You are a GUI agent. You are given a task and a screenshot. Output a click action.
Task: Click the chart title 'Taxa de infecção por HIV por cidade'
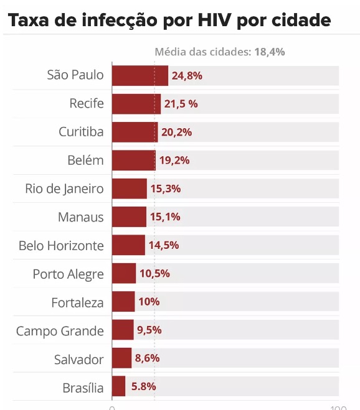(x=169, y=21)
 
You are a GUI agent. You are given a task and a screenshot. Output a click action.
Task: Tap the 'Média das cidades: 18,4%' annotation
(x=219, y=52)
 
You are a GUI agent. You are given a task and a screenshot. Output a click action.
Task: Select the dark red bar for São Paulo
(x=140, y=76)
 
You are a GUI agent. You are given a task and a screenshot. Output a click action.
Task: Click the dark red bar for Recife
(x=136, y=104)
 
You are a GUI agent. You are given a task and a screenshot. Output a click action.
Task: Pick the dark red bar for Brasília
(x=118, y=387)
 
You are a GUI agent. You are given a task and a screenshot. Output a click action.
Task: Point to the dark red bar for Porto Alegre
(x=124, y=274)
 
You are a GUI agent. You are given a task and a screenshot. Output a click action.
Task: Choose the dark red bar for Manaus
(x=129, y=217)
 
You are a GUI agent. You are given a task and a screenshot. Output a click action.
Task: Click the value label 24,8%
(x=187, y=76)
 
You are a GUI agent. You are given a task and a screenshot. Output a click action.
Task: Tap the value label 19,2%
(x=174, y=161)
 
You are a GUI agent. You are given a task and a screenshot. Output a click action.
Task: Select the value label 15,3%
(x=166, y=189)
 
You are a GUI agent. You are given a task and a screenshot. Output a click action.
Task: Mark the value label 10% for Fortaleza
(x=149, y=302)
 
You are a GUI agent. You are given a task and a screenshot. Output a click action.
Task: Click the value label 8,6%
(x=148, y=358)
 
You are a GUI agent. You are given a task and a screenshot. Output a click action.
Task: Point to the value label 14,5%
(x=164, y=245)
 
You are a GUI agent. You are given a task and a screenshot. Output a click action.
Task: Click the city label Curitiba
(x=81, y=132)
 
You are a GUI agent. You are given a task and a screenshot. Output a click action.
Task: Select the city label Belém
(x=85, y=161)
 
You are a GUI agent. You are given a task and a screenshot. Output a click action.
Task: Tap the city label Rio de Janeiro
(x=64, y=189)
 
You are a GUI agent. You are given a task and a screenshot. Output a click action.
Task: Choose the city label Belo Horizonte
(x=61, y=245)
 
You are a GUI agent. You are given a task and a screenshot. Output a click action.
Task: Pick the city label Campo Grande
(x=60, y=330)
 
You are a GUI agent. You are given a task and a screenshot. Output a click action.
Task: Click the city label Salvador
(x=78, y=358)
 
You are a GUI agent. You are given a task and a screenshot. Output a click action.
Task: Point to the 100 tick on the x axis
(x=338, y=408)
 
